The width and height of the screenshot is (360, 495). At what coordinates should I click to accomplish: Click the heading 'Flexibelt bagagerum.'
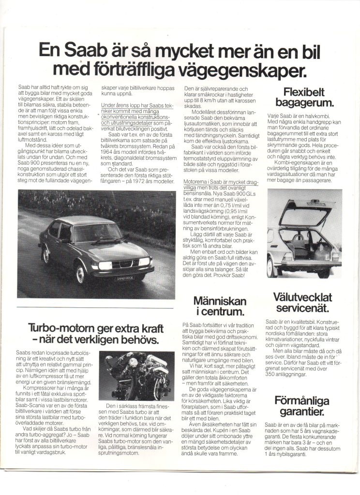[305, 97]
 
